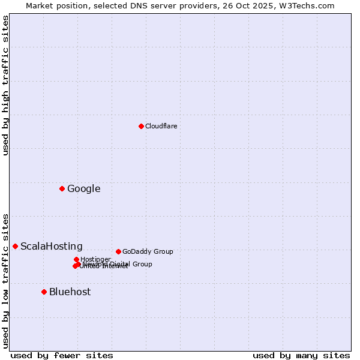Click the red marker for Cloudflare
point(141,126)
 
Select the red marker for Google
point(62,188)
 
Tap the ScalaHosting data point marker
point(15,246)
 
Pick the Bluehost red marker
point(44,292)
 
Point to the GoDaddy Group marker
point(118,251)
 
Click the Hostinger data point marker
point(76,259)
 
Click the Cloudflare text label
point(161,126)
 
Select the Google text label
point(83,188)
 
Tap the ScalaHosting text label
point(51,246)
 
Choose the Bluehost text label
point(70,292)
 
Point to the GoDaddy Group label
point(147,251)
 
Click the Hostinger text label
point(95,259)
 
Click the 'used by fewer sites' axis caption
point(62,355)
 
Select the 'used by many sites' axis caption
point(301,355)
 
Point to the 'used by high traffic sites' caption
point(5,85)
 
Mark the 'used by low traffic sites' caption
point(5,280)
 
